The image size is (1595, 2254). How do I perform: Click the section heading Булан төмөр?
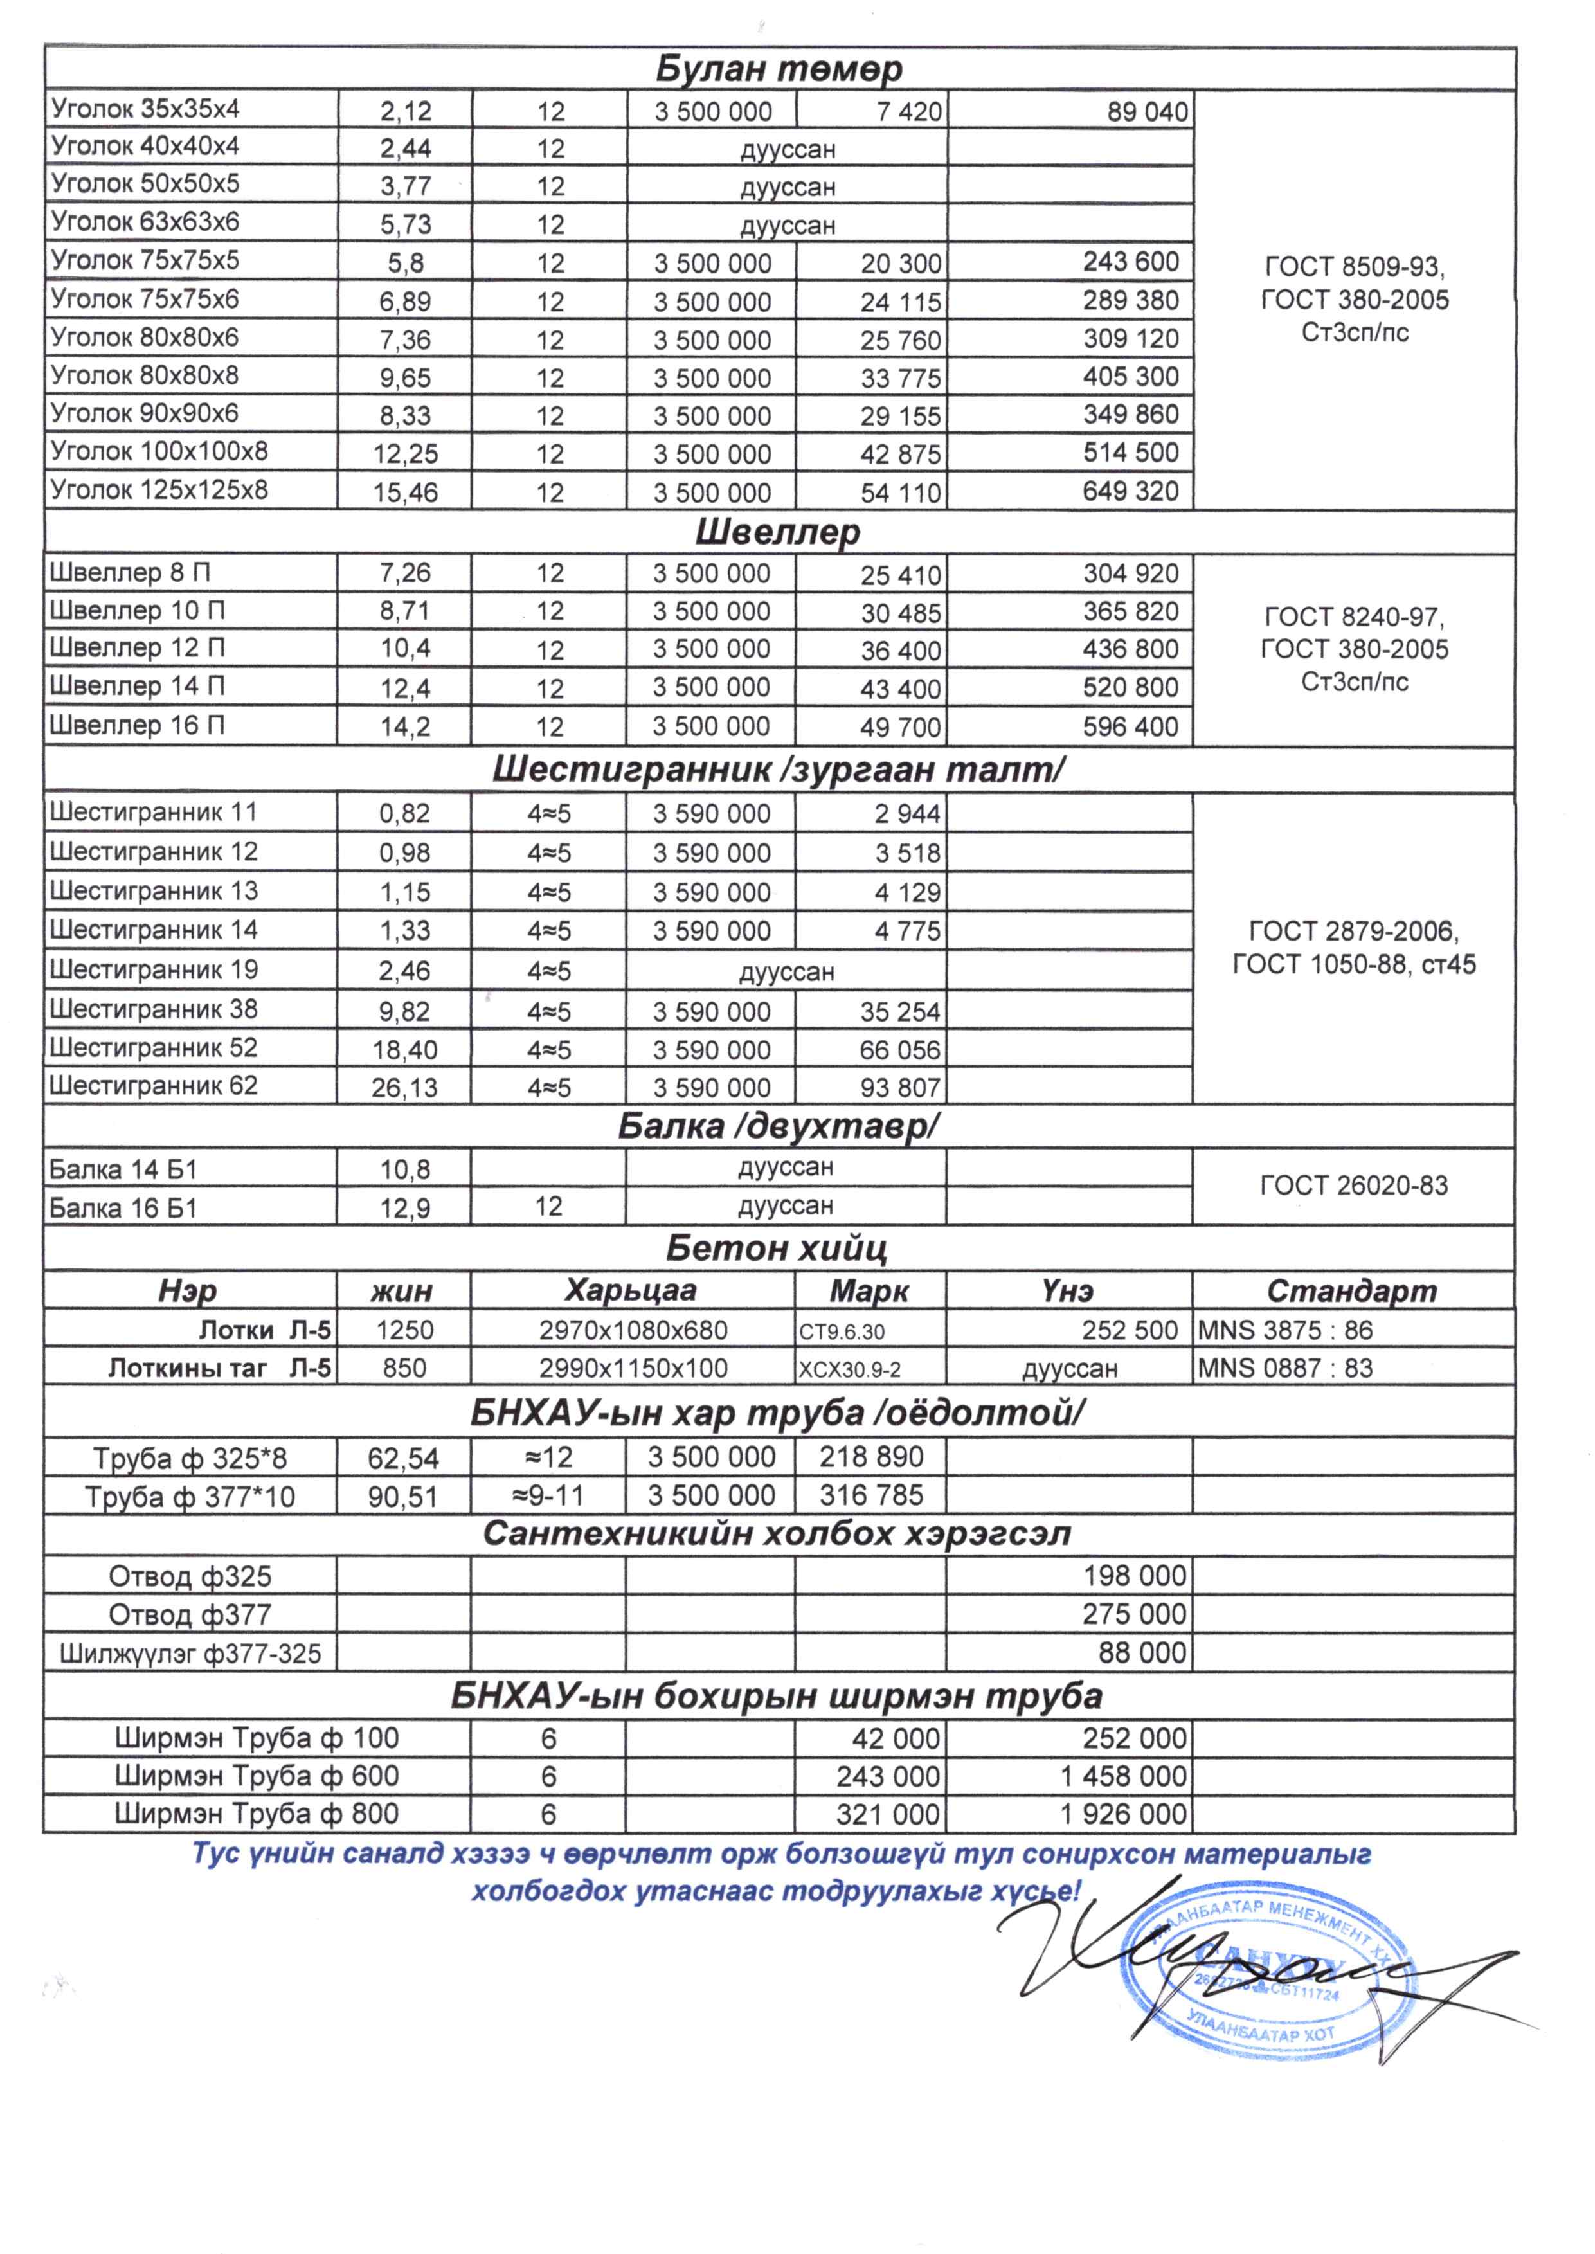pyautogui.click(x=778, y=69)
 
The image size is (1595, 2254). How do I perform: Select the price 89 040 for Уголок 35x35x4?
pyautogui.click(x=1147, y=112)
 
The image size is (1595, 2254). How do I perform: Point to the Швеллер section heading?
pyautogui.click(x=778, y=532)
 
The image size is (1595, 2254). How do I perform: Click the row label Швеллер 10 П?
pyautogui.click(x=138, y=611)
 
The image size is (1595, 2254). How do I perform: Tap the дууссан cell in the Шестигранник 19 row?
pyautogui.click(x=787, y=972)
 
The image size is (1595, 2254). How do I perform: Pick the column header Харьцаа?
pyautogui.click(x=631, y=1290)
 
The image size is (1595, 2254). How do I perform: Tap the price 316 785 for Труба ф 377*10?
pyautogui.click(x=871, y=1496)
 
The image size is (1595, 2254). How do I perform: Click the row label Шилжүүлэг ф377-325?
pyautogui.click(x=190, y=1654)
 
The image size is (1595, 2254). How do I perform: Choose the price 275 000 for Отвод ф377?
pyautogui.click(x=1135, y=1614)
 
